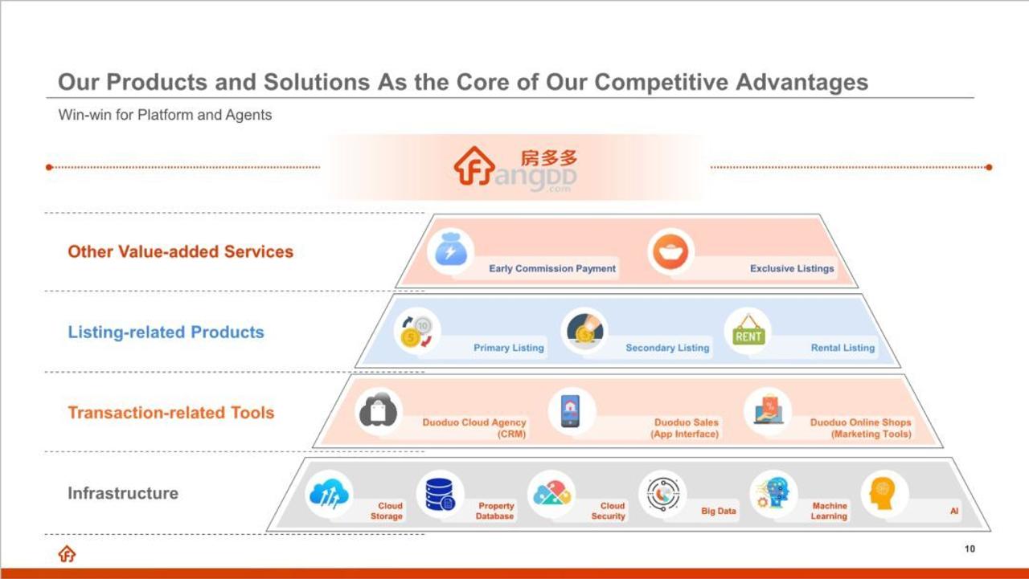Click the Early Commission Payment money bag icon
click(451, 251)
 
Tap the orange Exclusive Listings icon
click(670, 251)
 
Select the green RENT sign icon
click(748, 331)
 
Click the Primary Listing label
click(509, 348)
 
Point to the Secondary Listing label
click(667, 348)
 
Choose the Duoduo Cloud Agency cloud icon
click(378, 410)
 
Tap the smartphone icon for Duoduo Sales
click(570, 410)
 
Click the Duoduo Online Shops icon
click(768, 410)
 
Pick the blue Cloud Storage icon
click(329, 494)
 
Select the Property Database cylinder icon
click(440, 495)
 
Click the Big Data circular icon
click(663, 494)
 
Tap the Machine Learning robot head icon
click(773, 493)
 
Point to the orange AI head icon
click(883, 494)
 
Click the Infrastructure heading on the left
click(123, 493)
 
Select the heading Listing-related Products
click(166, 332)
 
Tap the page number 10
click(970, 548)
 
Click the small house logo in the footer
click(67, 554)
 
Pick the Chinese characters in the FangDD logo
click(549, 158)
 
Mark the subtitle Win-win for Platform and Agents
click(165, 115)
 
